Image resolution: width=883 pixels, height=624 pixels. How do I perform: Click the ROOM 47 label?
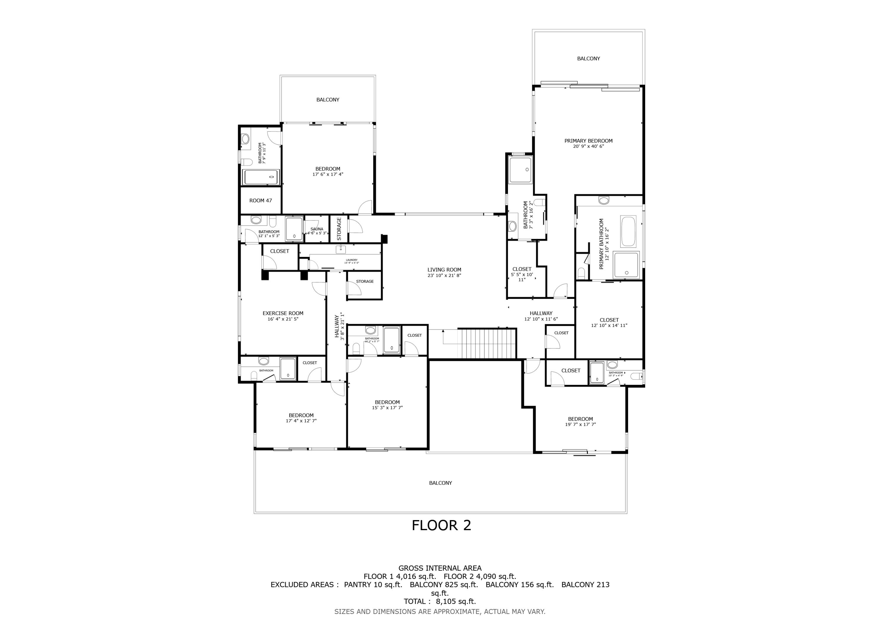260,200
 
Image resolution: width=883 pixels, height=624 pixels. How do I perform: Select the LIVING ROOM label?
444,270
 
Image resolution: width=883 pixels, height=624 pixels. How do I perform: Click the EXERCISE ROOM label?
283,313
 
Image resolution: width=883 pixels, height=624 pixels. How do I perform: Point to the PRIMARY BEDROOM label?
588,141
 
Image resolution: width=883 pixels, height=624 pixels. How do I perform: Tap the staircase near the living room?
486,343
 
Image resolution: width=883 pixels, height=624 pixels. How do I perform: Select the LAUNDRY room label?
351,260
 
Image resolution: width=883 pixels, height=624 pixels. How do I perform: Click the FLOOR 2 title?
441,525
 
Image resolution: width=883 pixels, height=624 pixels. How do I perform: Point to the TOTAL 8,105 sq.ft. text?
439,601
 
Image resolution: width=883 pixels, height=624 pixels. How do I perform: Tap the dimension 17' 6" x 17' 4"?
328,174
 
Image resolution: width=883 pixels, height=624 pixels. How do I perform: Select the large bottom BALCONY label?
440,483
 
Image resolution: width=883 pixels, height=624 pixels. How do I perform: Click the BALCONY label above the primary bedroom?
588,59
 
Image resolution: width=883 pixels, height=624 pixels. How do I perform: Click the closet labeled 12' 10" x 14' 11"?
609,322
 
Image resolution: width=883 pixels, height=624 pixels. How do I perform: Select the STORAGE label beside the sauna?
339,229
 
